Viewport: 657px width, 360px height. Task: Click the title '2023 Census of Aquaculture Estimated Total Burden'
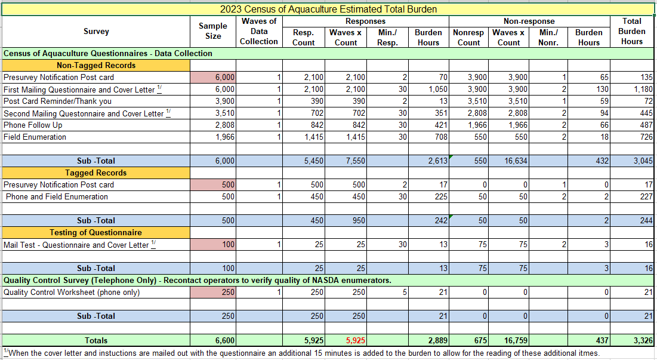(328, 9)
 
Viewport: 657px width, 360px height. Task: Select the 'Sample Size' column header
(213, 31)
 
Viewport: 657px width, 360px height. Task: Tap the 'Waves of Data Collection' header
(259, 31)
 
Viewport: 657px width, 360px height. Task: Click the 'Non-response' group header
(529, 21)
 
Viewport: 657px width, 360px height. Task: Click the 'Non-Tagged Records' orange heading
(96, 65)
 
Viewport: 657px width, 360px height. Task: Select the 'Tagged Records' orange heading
(96, 173)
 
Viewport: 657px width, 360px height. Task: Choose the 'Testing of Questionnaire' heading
(96, 232)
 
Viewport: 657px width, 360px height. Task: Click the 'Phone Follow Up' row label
(33, 125)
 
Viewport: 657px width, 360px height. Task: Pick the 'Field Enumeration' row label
(35, 137)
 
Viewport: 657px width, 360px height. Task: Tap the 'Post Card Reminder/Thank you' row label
(57, 101)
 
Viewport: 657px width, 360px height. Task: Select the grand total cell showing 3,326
(642, 341)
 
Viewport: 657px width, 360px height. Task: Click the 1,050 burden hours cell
(429, 89)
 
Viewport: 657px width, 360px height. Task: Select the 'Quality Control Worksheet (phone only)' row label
(72, 292)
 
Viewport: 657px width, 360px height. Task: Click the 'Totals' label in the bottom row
(96, 341)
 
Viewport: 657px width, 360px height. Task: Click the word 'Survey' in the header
(96, 31)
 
